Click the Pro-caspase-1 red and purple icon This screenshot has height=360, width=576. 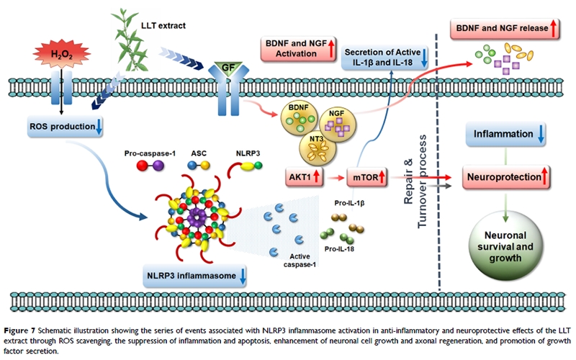tap(149, 166)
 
